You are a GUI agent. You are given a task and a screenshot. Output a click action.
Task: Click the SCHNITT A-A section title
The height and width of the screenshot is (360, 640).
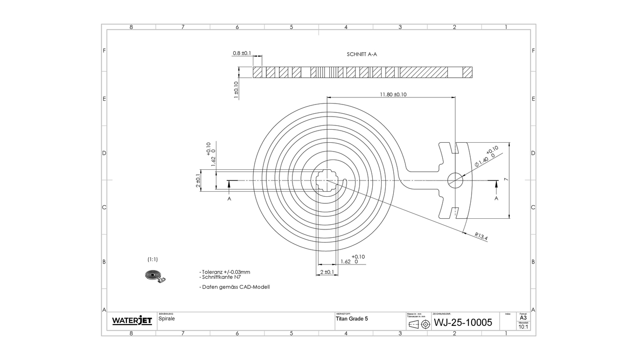coord(362,54)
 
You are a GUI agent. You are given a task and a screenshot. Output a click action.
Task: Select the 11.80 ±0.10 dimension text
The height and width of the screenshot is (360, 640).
coord(393,94)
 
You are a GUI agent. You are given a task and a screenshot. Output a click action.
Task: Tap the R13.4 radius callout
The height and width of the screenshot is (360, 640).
coord(481,236)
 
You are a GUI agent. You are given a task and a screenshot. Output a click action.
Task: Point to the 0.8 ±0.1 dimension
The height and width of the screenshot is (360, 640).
coord(242,53)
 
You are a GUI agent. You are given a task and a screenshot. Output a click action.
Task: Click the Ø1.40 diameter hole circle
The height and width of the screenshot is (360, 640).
coord(455,180)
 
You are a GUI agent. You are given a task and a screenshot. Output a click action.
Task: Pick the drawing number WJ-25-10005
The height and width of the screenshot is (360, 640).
coord(463,322)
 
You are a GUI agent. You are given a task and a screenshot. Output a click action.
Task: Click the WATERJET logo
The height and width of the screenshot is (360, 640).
coord(132,321)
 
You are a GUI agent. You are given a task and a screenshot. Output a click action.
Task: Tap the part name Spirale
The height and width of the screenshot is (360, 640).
coord(166,319)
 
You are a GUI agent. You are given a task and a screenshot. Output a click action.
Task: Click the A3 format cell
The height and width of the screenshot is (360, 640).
coord(523,318)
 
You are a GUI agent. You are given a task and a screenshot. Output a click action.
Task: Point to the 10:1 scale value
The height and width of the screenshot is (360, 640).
coord(523,327)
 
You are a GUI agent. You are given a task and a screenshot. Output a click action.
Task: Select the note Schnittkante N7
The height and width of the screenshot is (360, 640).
coord(221,277)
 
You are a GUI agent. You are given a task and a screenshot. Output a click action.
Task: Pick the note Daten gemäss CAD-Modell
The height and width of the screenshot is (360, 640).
coord(235,287)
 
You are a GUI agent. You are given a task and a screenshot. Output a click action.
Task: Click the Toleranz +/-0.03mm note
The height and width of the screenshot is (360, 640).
coord(225,272)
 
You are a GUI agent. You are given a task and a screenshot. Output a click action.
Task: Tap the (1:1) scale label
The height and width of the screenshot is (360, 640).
coord(153,259)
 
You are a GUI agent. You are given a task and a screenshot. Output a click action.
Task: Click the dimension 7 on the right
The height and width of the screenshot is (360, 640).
coord(506,180)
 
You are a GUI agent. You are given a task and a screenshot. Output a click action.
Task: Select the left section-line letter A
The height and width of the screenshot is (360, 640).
coord(229,199)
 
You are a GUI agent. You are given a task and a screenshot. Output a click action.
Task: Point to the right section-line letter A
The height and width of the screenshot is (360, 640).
coord(496,199)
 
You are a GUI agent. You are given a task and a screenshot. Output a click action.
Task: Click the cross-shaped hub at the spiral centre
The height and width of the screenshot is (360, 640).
coord(327,180)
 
